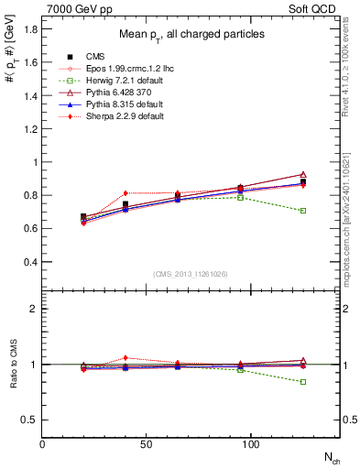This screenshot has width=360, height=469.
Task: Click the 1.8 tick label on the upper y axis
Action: point(30,29)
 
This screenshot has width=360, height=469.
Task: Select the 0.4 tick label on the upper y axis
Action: point(30,262)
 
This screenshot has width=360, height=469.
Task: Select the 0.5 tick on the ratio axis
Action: point(30,420)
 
